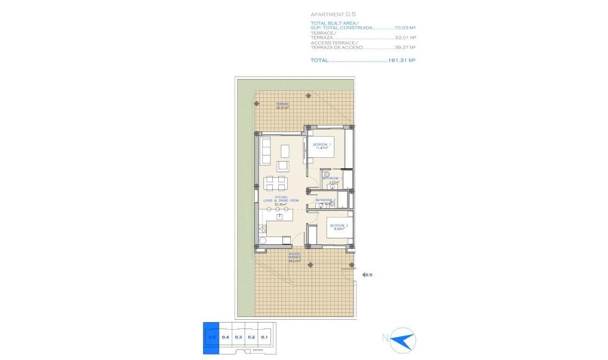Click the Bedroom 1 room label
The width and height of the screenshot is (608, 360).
pyautogui.click(x=322, y=145)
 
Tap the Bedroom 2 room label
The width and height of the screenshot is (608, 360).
pyautogui.click(x=338, y=225)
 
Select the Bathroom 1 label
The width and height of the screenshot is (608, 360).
pyautogui.click(x=332, y=178)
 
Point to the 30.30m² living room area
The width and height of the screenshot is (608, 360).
pyautogui.click(x=281, y=204)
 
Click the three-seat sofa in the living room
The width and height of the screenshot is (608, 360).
pyautogui.click(x=265, y=151)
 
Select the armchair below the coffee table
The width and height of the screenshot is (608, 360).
pyautogui.click(x=283, y=166)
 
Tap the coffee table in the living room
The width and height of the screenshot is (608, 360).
pyautogui.click(x=285, y=150)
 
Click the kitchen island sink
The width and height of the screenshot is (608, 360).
pyautogui.click(x=279, y=217)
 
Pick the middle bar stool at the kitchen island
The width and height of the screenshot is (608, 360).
pyautogui.click(x=279, y=209)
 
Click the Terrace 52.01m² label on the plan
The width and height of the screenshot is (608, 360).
pyautogui.click(x=283, y=106)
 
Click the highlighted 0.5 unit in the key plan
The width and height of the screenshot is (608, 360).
pyautogui.click(x=211, y=337)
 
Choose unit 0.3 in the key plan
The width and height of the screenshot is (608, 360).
pyautogui.click(x=238, y=337)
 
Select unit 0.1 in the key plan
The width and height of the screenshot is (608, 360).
pyautogui.click(x=264, y=337)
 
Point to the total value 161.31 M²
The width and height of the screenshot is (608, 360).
pyautogui.click(x=401, y=60)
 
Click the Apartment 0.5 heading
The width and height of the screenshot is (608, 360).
pyautogui.click(x=333, y=14)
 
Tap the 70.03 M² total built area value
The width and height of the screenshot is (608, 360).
pyautogui.click(x=405, y=28)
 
